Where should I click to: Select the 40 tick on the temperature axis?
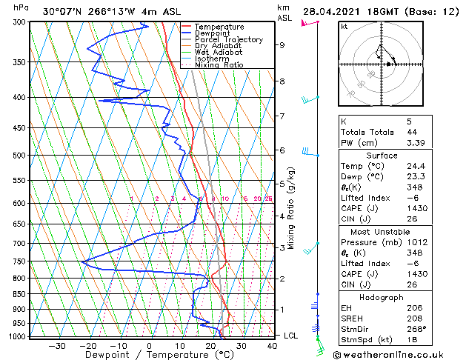(272, 345)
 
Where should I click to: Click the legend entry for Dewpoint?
(211, 33)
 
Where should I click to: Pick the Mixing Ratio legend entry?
(219, 65)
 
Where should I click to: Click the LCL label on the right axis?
(291, 336)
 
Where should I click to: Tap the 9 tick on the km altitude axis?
(282, 45)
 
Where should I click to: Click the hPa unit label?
(21, 7)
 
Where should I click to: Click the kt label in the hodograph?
(344, 26)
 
